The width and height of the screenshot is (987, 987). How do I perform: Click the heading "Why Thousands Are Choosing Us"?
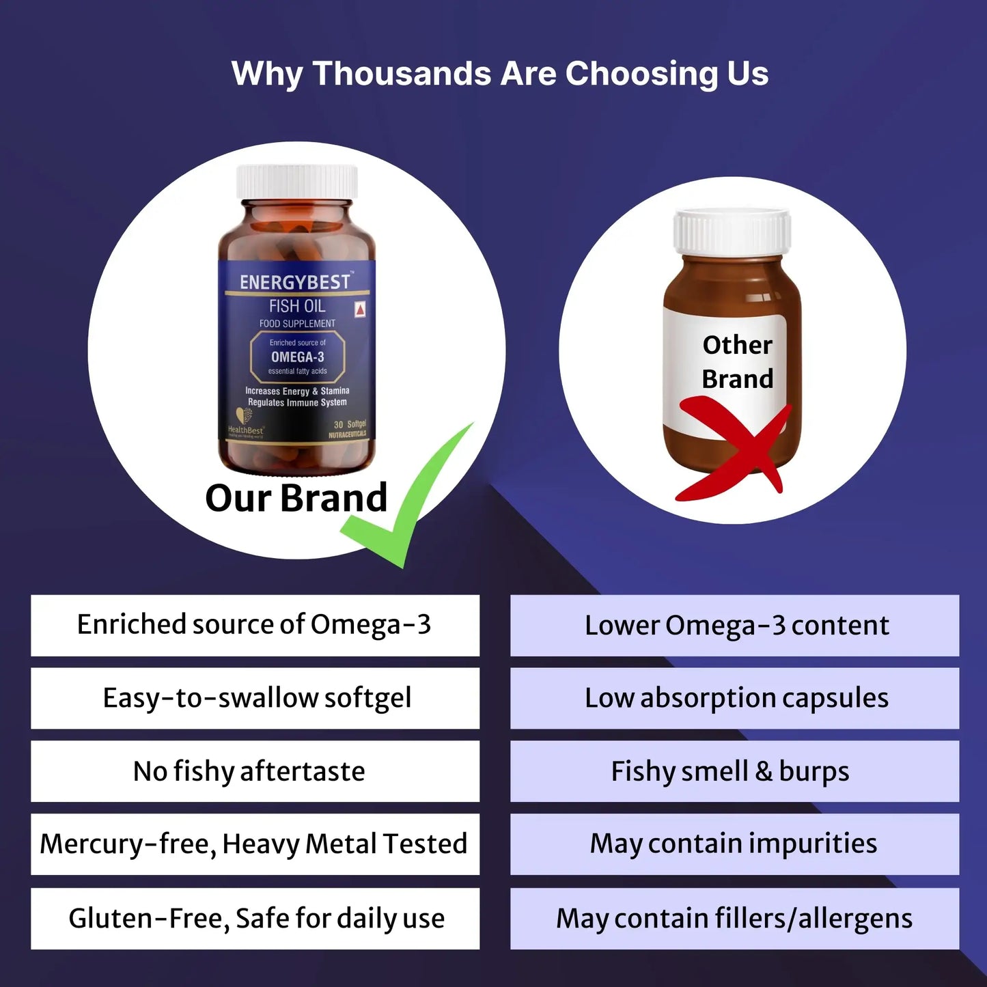(x=499, y=74)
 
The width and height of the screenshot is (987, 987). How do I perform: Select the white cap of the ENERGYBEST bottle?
(x=297, y=182)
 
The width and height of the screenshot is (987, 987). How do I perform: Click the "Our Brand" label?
(x=296, y=497)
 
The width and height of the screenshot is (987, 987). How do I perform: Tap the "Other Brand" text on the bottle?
(x=737, y=361)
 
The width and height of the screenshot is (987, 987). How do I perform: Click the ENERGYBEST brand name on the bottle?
(x=294, y=282)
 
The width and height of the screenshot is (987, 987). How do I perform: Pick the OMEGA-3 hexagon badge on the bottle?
(x=297, y=357)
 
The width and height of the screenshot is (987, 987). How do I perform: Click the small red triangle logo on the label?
(x=360, y=309)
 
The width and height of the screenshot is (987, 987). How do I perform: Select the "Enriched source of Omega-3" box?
(x=255, y=625)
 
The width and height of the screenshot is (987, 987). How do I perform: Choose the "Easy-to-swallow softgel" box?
(x=255, y=698)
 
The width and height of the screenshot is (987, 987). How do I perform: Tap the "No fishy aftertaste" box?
(x=255, y=771)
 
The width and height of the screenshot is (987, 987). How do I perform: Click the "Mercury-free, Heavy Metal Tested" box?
(x=255, y=844)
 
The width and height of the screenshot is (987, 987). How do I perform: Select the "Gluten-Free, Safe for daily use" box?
(x=255, y=918)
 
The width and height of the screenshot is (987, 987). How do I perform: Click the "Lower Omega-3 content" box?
(x=734, y=625)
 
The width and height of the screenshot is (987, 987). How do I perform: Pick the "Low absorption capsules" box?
(x=734, y=698)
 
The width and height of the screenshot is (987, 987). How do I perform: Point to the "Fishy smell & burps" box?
(x=734, y=771)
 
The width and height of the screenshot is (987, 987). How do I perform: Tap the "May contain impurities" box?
(x=734, y=844)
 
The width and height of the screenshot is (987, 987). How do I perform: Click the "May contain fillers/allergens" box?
(x=734, y=918)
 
